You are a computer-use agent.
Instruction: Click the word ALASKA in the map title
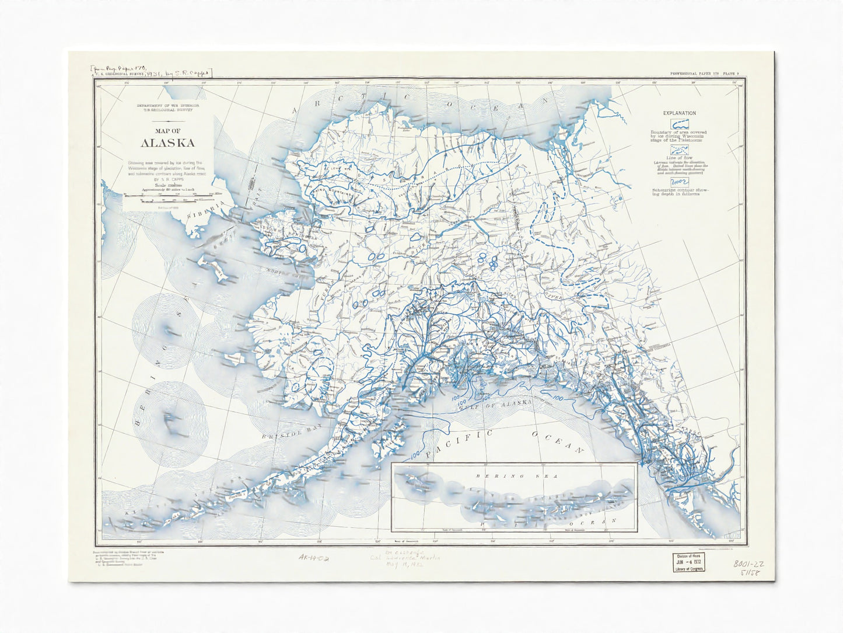pyautogui.click(x=167, y=142)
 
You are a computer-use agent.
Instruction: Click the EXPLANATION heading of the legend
pyautogui.click(x=679, y=113)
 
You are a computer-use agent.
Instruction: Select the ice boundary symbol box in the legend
pyautogui.click(x=679, y=124)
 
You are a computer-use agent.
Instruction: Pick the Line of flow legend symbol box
pyautogui.click(x=679, y=151)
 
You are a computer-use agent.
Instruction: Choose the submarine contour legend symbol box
pyautogui.click(x=679, y=182)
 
